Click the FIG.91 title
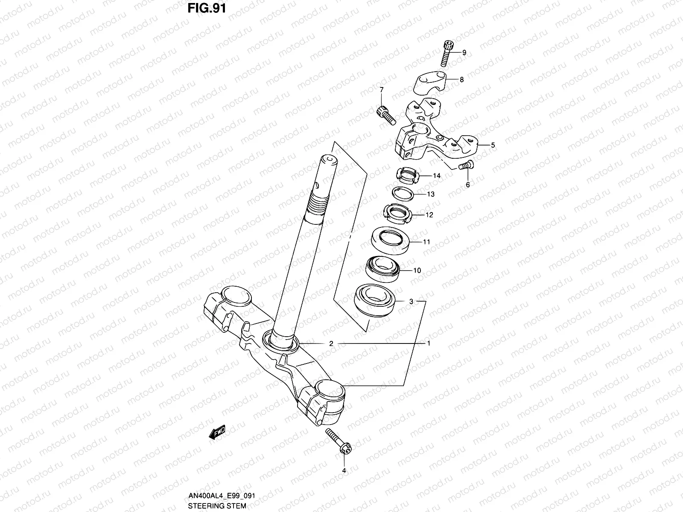point(207,8)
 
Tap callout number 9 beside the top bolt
point(464,53)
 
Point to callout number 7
point(382,90)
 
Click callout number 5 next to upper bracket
point(493,145)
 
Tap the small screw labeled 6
point(465,165)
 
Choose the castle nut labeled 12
point(397,213)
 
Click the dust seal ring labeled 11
point(391,240)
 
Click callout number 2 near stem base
point(331,343)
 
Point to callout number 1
point(429,343)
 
